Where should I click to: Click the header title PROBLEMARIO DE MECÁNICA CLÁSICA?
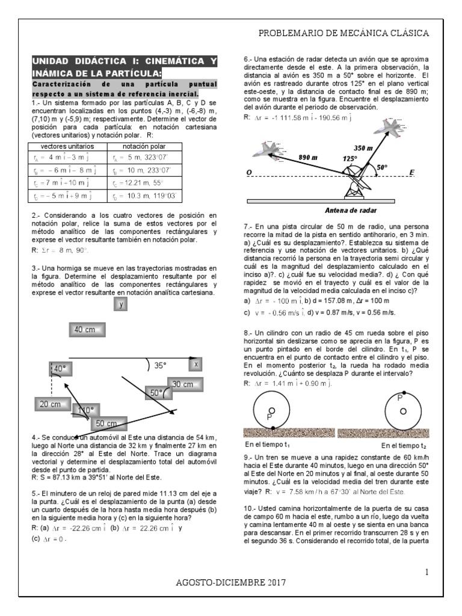pyautogui.click(x=343, y=33)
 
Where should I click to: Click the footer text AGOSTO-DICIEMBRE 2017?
pyautogui.click(x=231, y=582)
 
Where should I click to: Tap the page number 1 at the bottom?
pyautogui.click(x=426, y=573)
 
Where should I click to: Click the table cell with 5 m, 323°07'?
pyautogui.click(x=140, y=159)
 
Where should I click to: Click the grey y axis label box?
pyautogui.click(x=121, y=304)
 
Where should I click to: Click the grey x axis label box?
pyautogui.click(x=196, y=365)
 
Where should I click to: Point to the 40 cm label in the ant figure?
pyautogui.click(x=85, y=330)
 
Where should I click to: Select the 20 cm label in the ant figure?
pyautogui.click(x=51, y=404)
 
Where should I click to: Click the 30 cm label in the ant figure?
pyautogui.click(x=182, y=384)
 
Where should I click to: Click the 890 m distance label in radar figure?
pyautogui.click(x=308, y=157)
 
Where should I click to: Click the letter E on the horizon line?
pyautogui.click(x=411, y=172)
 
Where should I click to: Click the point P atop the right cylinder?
pyautogui.click(x=401, y=398)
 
